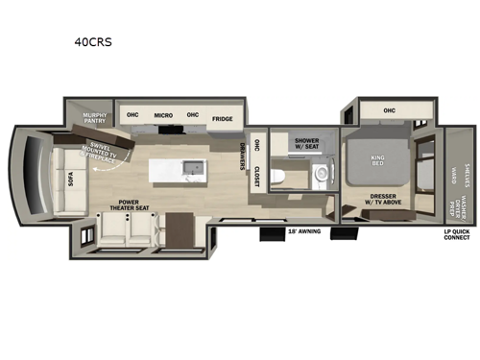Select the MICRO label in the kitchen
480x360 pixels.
click(x=163, y=114)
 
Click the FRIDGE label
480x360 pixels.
click(x=222, y=119)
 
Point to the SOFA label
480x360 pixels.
click(x=69, y=180)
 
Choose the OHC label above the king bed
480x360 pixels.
click(x=389, y=110)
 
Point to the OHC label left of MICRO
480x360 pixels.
click(x=134, y=114)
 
